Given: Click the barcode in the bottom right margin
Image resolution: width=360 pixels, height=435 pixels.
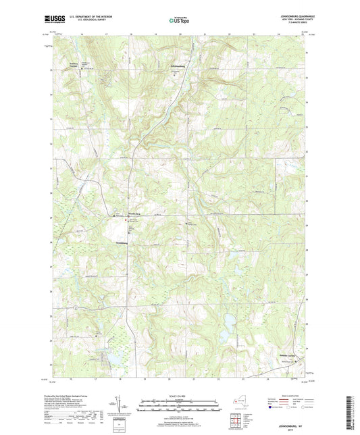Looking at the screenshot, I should coord(351,411).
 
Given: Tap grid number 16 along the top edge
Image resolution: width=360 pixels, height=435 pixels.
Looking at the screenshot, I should coord(80,32).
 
